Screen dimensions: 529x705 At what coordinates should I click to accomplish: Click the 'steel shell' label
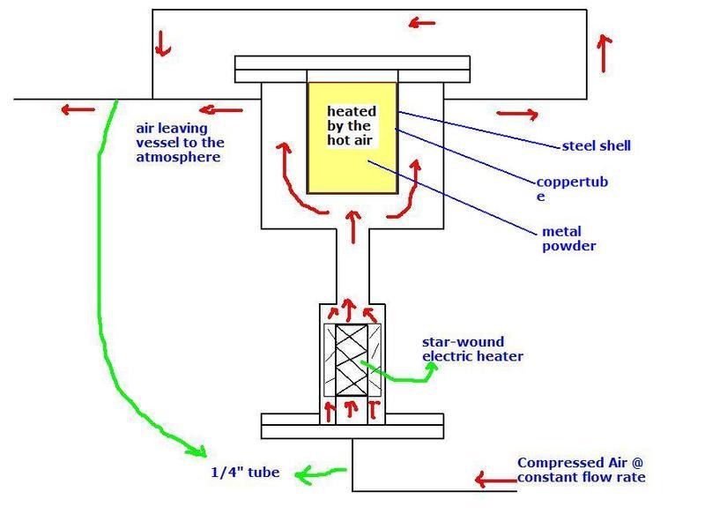[597, 145]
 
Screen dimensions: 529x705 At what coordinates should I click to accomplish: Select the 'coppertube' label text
[572, 190]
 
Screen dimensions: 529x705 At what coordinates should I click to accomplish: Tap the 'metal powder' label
[568, 239]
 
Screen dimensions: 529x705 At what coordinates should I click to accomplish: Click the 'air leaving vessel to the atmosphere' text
[179, 142]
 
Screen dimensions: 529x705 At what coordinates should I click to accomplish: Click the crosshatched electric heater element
[352, 361]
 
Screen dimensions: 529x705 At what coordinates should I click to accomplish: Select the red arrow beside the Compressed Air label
[494, 480]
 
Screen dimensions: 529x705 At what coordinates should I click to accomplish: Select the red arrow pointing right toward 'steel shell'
[515, 114]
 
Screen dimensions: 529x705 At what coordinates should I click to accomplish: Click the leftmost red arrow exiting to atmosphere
[78, 110]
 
